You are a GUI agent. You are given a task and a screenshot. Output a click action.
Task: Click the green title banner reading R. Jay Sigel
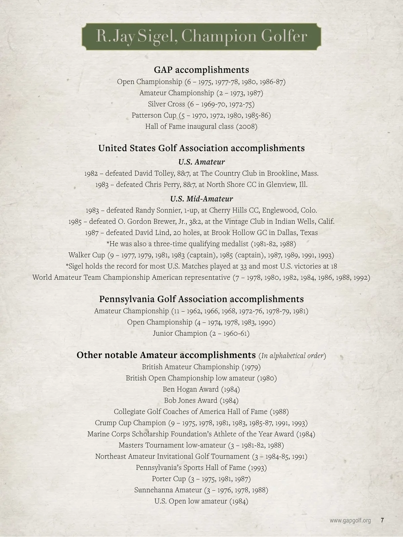tap(201, 37)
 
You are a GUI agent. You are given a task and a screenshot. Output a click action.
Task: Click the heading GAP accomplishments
tap(201, 70)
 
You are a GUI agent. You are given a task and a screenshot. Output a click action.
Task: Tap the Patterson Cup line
tap(201, 115)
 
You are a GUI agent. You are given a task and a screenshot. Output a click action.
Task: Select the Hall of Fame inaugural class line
tap(201, 127)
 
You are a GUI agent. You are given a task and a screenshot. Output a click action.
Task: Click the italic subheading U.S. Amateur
tap(201, 162)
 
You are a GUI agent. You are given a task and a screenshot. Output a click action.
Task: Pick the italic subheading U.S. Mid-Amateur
tap(201, 199)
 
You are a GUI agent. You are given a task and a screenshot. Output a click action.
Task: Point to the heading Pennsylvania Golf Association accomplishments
tap(201, 299)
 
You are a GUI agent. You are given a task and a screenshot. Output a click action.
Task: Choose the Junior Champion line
tap(201, 333)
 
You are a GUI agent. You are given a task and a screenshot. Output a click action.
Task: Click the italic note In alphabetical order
tap(292, 355)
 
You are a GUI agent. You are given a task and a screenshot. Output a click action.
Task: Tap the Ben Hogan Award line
tap(201, 389)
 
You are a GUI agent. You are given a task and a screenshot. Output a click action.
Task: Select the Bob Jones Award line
tap(201, 400)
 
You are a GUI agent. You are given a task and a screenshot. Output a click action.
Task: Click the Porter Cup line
tap(201, 479)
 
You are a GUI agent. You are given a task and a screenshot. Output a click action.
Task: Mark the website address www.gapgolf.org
tap(350, 521)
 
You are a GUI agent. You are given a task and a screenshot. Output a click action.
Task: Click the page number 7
tap(382, 521)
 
